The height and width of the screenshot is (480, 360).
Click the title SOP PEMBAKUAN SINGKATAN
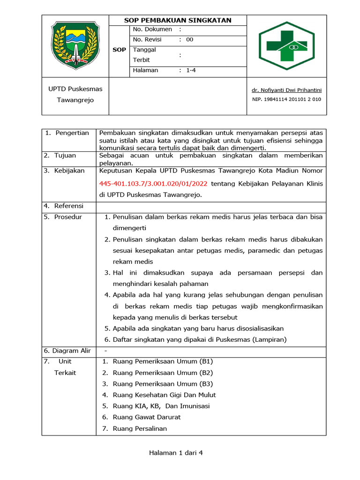(178, 20)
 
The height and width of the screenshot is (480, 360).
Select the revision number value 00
(189, 40)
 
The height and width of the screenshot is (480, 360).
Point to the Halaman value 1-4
(191, 71)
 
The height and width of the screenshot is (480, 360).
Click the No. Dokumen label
(152, 30)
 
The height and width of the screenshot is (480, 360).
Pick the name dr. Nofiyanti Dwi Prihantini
(287, 90)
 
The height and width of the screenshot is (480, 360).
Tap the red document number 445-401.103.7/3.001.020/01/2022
(154, 183)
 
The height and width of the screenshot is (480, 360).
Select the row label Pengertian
(72, 133)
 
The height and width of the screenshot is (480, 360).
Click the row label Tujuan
(65, 156)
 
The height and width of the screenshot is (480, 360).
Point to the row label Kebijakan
(69, 171)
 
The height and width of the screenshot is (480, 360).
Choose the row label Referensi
(68, 206)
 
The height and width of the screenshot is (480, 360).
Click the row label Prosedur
(67, 217)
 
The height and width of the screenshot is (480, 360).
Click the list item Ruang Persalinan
(140, 428)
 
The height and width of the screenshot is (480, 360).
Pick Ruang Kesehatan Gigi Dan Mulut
(165, 395)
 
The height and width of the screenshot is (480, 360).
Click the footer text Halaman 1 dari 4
(176, 453)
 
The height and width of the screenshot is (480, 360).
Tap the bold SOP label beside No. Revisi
(119, 50)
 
